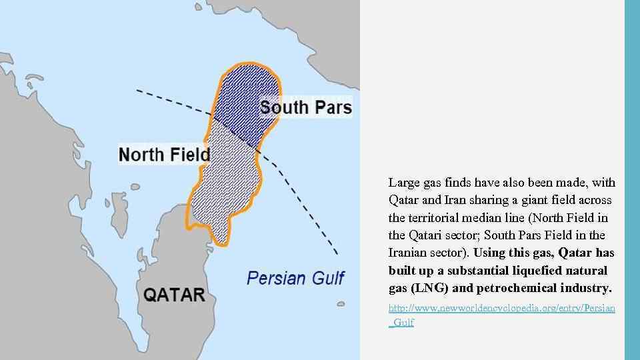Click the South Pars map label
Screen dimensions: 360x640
[306, 107]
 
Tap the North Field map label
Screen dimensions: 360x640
[164, 155]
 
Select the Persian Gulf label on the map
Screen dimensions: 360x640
[295, 277]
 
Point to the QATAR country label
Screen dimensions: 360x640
[174, 295]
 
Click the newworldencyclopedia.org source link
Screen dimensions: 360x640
[501, 315]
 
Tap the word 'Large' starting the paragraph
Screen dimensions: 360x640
[403, 183]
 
